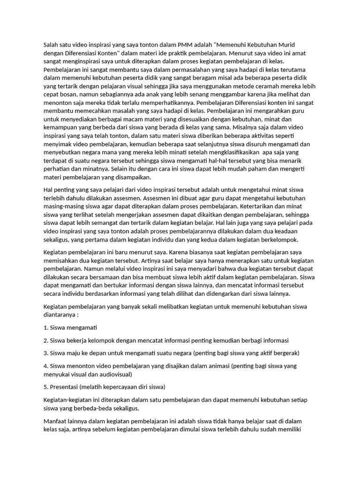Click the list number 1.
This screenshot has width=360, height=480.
[x=45, y=327]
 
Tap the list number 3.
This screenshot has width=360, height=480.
[x=45, y=352]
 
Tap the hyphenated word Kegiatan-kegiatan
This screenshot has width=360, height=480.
[x=70, y=400]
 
